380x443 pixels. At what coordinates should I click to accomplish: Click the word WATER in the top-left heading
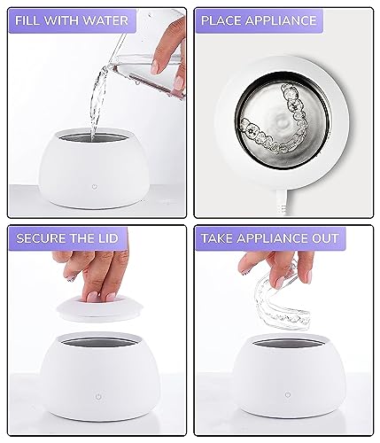tap(105, 20)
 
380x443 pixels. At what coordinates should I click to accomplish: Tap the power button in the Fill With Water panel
tap(95, 187)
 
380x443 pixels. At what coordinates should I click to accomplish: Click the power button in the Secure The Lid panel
tap(98, 396)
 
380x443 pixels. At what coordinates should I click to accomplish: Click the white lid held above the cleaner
tap(100, 310)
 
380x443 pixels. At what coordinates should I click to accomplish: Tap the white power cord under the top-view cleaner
tap(280, 203)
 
